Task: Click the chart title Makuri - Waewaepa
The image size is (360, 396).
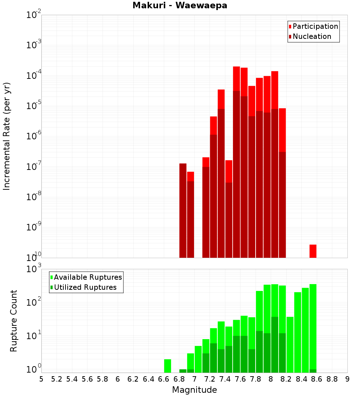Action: tap(180, 5)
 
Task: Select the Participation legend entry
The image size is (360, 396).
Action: tap(313, 27)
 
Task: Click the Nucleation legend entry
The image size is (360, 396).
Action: tap(310, 36)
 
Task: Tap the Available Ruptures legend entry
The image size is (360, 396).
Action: tap(86, 277)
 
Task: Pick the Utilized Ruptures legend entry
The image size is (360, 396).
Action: tap(84, 287)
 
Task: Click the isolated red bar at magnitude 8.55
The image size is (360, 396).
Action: tap(313, 251)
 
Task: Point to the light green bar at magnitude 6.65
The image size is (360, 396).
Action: tap(167, 366)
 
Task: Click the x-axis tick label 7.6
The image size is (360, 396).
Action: tap(240, 379)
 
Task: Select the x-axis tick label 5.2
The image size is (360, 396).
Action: tap(57, 379)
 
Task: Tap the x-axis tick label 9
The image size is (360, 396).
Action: tap(347, 379)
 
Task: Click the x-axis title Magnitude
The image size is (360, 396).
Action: tap(194, 390)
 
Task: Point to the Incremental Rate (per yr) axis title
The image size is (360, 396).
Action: tap(6, 136)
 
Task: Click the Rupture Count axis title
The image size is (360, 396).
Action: tap(13, 321)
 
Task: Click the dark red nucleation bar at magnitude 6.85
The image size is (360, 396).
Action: tap(183, 211)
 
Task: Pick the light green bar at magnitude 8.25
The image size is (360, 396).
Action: tap(290, 345)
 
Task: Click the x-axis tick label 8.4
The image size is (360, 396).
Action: tap(302, 379)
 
